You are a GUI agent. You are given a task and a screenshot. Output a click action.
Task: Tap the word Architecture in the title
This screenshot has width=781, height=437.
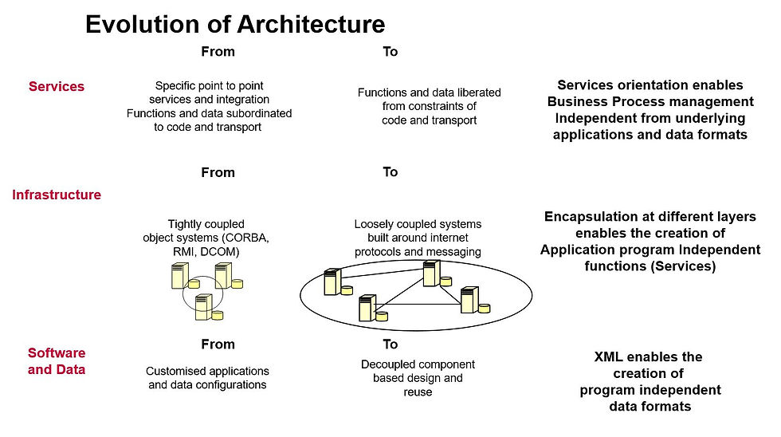(x=312, y=25)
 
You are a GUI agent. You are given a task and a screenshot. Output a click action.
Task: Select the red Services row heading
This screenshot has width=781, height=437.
(x=57, y=86)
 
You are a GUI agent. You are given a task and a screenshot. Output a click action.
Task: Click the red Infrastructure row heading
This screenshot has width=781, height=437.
(x=57, y=195)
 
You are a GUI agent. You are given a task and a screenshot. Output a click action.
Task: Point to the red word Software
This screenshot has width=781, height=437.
(x=57, y=352)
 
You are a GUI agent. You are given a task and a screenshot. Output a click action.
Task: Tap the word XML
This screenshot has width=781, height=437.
(x=608, y=356)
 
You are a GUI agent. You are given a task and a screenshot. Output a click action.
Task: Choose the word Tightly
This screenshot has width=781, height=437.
(x=182, y=224)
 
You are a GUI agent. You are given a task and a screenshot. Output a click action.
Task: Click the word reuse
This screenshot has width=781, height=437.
(x=418, y=392)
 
